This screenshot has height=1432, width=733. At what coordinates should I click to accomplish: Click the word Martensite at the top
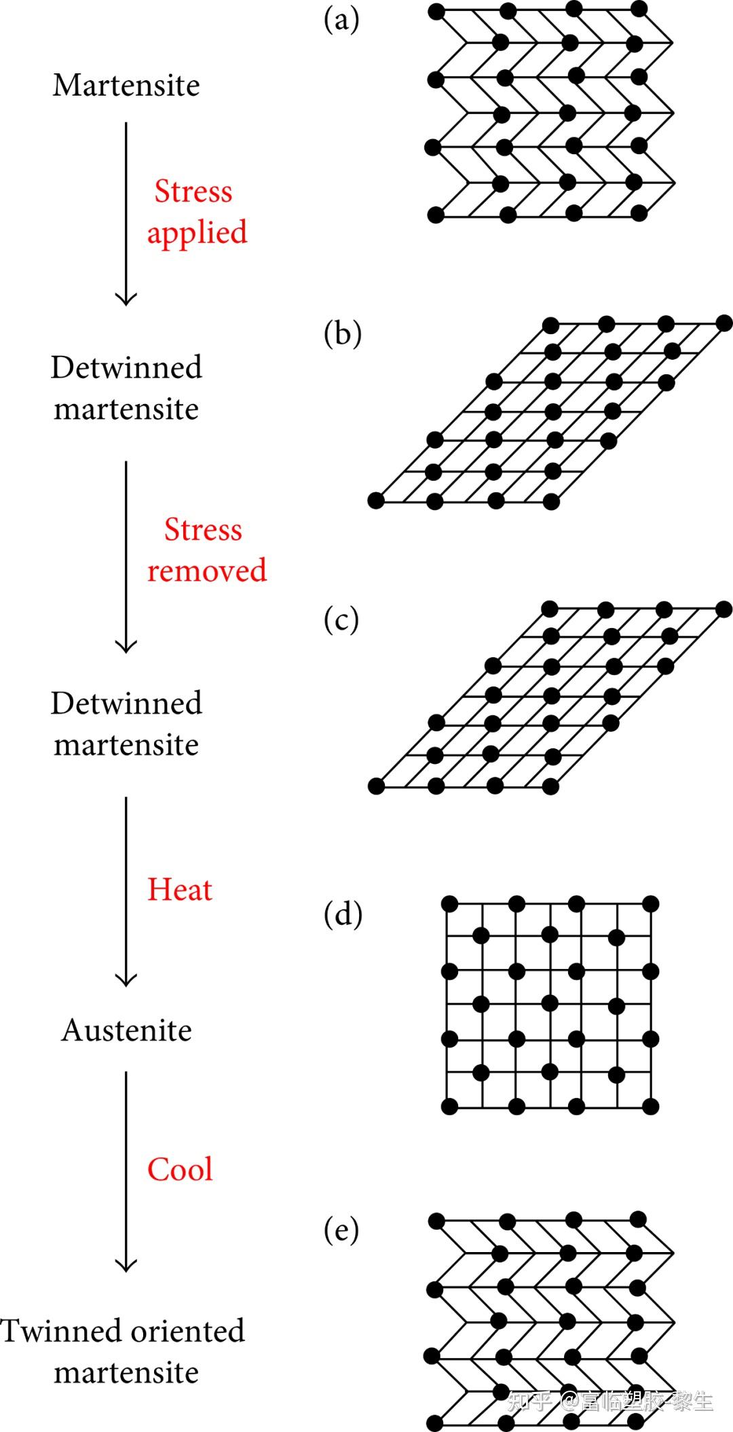(126, 86)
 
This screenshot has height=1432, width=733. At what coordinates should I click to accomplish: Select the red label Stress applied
(197, 211)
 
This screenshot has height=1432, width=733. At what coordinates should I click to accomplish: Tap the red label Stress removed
(206, 550)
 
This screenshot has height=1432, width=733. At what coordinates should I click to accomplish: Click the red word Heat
(180, 889)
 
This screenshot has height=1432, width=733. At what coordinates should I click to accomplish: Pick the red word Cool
(180, 1169)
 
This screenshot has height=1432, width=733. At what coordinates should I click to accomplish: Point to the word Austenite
(126, 1030)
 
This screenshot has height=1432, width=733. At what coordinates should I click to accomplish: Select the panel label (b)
(342, 333)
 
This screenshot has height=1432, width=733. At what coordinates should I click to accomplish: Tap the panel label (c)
(341, 620)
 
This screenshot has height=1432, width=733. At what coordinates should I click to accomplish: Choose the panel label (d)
(343, 914)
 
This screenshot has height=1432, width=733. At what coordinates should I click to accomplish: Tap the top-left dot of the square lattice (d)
(449, 904)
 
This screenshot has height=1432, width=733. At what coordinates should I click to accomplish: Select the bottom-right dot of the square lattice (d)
(650, 1107)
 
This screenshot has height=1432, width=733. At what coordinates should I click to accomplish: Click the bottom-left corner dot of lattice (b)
(375, 501)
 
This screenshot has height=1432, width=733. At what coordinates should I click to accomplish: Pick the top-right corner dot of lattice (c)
(723, 608)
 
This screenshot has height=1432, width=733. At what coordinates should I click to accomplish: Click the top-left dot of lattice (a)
(436, 11)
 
